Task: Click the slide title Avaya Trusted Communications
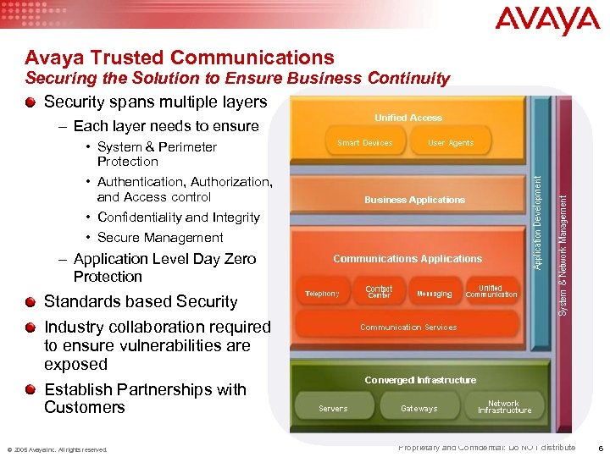(x=180, y=58)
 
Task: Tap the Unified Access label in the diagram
(x=408, y=118)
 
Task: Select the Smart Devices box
(x=365, y=143)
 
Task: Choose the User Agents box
(x=451, y=143)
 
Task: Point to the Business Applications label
(x=414, y=200)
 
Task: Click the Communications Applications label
(x=408, y=259)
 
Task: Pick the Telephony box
(x=322, y=294)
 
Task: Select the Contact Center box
(x=379, y=292)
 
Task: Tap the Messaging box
(x=435, y=294)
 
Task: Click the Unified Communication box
(x=491, y=292)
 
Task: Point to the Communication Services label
(x=408, y=328)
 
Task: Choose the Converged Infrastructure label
(x=420, y=380)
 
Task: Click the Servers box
(x=333, y=409)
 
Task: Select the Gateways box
(x=419, y=409)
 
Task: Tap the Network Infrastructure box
(x=504, y=407)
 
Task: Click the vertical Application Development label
(x=537, y=220)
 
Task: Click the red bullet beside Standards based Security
(x=31, y=301)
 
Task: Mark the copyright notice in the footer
(x=58, y=449)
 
